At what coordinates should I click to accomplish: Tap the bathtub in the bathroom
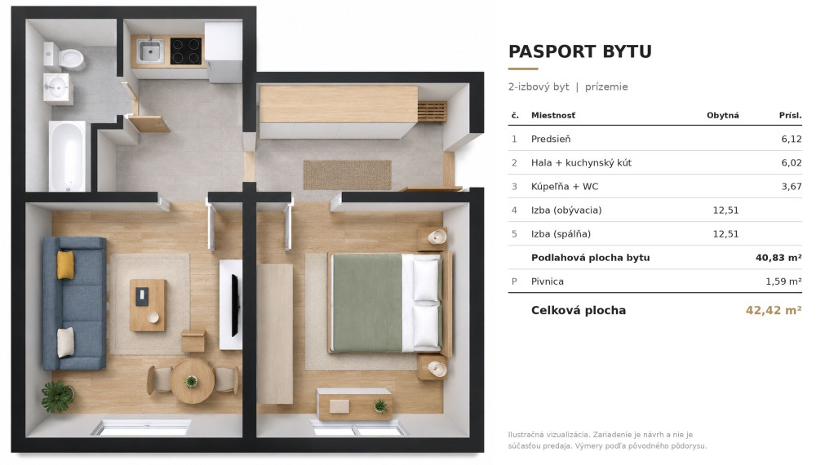67,157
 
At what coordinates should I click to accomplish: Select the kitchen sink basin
149,51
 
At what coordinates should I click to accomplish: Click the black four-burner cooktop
186,51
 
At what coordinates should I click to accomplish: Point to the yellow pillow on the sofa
65,264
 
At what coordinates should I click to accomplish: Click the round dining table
192,381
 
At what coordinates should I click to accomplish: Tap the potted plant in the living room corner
57,396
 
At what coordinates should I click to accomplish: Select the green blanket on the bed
367,303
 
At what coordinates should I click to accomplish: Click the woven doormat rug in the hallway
348,175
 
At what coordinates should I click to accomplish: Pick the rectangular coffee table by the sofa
148,305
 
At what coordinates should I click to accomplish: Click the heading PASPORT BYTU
580,51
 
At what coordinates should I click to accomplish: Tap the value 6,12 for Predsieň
792,139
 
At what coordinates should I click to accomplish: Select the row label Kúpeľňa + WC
565,186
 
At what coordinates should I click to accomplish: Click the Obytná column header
722,115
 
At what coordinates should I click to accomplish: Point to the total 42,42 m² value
774,310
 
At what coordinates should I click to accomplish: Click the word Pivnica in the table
548,281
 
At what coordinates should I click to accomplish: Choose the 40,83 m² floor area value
778,258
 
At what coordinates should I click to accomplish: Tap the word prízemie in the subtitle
606,86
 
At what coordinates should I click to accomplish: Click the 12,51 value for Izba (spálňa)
725,234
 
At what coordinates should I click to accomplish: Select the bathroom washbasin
55,87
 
